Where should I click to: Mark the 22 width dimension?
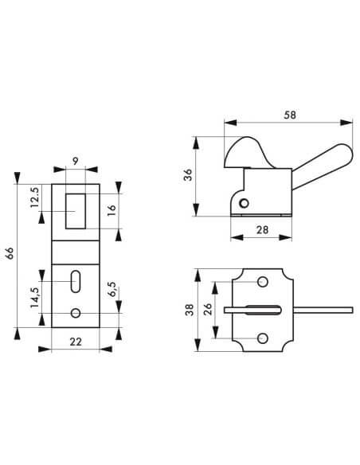coord(74,341)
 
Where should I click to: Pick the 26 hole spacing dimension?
coord(206,311)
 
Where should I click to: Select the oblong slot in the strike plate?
coord(75,281)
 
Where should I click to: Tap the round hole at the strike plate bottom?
coord(75,313)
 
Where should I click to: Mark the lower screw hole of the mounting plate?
coord(262,339)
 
